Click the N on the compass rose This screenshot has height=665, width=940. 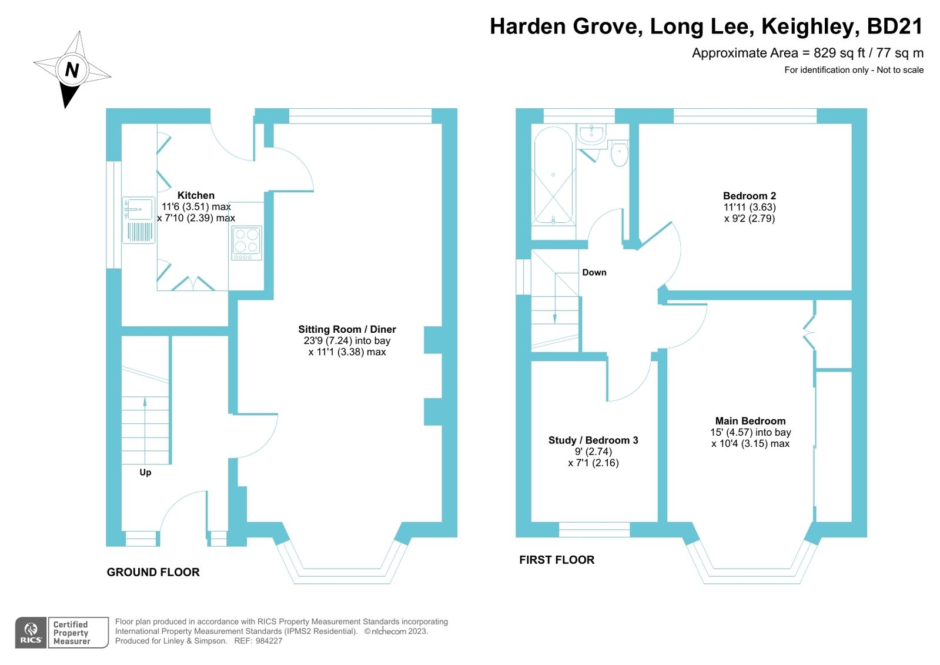(x=72, y=70)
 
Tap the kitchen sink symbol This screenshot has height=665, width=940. (x=139, y=209)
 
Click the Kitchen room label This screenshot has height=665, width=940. (x=196, y=195)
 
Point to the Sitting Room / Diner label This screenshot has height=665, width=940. (x=347, y=329)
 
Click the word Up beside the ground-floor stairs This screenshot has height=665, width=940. (x=145, y=472)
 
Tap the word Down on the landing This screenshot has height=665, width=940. (x=594, y=272)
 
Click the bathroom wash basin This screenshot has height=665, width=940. (x=591, y=133)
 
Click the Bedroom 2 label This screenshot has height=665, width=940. (x=749, y=196)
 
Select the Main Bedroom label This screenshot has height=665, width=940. (x=750, y=421)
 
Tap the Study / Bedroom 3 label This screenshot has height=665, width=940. (x=593, y=440)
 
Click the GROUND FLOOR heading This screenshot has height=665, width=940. (x=153, y=572)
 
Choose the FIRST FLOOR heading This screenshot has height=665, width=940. (x=556, y=560)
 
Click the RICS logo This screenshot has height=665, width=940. (x=31, y=633)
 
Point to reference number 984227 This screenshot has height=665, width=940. (x=269, y=641)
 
